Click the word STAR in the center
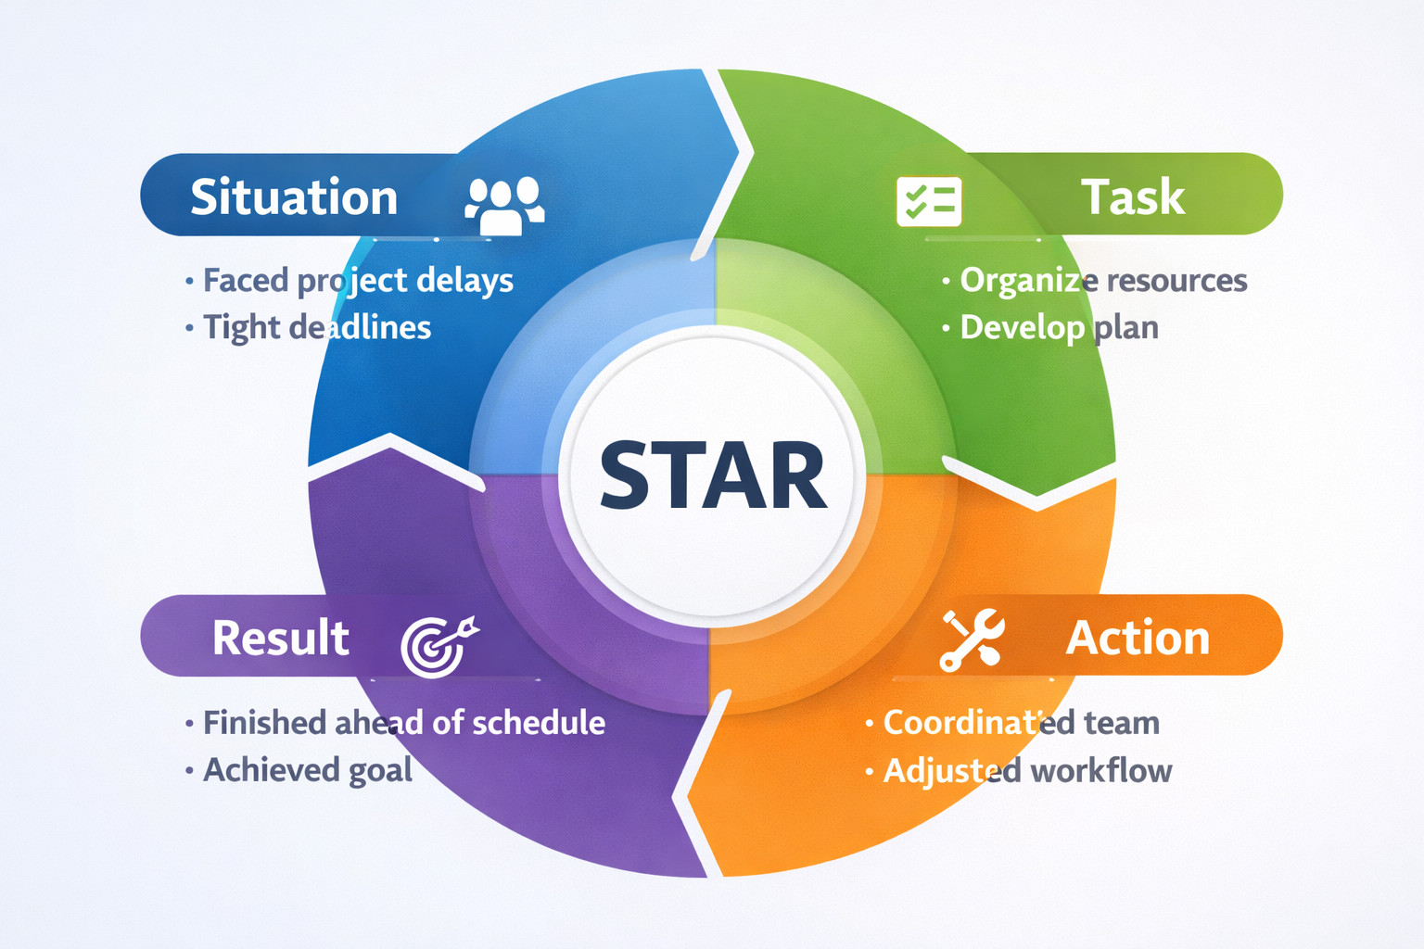(713, 474)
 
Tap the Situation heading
(294, 196)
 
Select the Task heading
(1133, 196)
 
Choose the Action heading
(1138, 638)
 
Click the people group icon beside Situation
(504, 205)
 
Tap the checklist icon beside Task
(929, 201)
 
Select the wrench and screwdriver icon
(972, 639)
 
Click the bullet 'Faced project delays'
(358, 280)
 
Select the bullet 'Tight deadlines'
(316, 327)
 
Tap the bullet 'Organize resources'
(1103, 280)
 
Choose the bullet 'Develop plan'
(1059, 328)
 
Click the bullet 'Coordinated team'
(1022, 723)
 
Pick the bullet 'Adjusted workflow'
(1028, 771)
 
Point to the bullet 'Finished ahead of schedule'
(404, 723)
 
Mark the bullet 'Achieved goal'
(308, 770)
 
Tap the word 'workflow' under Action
(1101, 770)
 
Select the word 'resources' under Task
(1173, 281)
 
